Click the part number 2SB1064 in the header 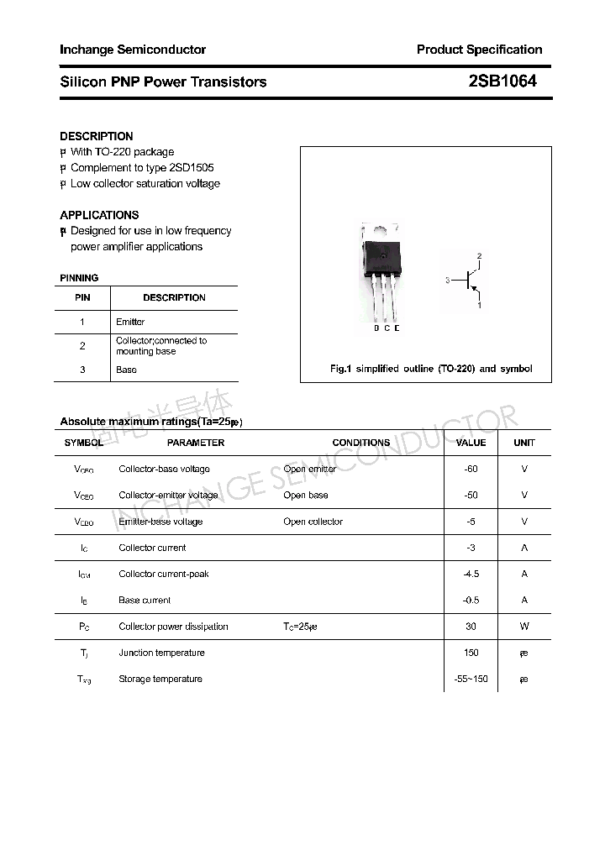coord(502,81)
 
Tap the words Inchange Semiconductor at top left coord(133,50)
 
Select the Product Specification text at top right coord(479,50)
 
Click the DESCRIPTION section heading coord(97,136)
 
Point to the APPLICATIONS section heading coord(99,215)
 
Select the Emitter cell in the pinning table coord(130,322)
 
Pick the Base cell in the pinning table coord(126,370)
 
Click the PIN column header coord(82,297)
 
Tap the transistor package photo coord(380,273)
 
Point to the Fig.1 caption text coord(430,369)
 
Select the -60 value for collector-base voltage coord(471,469)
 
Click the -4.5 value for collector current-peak coord(471,574)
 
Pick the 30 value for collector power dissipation coord(471,627)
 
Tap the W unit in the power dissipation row coord(524,627)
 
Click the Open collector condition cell coord(313,522)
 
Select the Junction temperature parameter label coord(161,653)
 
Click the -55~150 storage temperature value coord(471,679)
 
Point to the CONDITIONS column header coord(360,443)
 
